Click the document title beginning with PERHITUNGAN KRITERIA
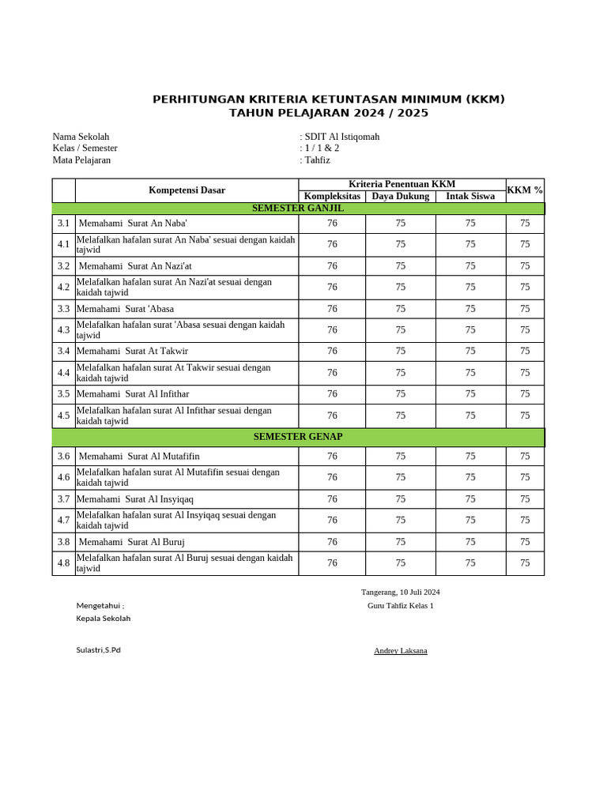click(328, 100)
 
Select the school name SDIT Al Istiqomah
click(341, 137)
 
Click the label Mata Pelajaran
click(81, 160)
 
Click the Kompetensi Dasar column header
click(187, 190)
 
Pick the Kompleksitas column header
click(332, 196)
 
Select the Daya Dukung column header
click(400, 196)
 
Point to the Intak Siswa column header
click(470, 196)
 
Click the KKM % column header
click(525, 190)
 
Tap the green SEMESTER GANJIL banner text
click(298, 209)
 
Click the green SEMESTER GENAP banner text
click(298, 437)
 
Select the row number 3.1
click(63, 224)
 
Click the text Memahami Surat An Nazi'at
click(135, 266)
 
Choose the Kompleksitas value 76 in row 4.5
click(332, 416)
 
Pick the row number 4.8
click(63, 563)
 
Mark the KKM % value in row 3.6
click(525, 456)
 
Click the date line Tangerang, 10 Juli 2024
click(400, 592)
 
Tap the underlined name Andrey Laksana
click(400, 651)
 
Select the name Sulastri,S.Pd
click(98, 650)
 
